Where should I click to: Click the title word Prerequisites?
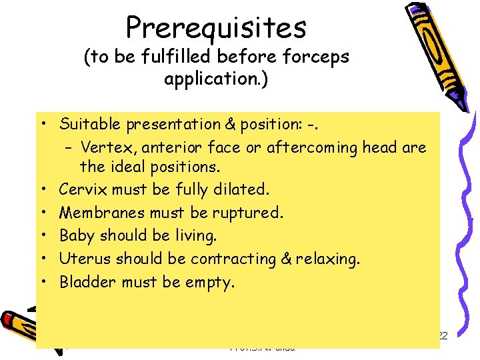tap(216, 28)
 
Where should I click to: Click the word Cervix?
tap(83, 189)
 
